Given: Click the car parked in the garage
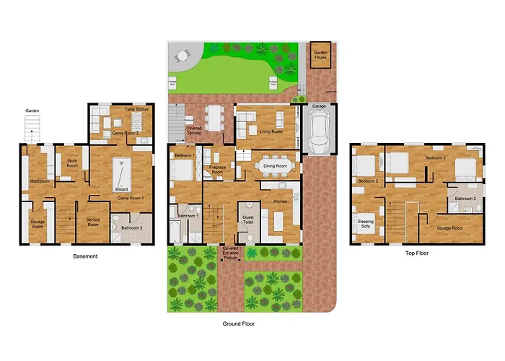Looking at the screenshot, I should point(319,134).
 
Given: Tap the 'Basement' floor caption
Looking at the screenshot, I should point(86,256).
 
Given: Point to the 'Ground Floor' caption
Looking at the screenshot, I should point(239,324).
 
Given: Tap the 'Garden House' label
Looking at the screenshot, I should point(320,55).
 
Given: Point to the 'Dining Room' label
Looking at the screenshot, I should point(275,166).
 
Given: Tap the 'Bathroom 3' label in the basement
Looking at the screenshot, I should point(131,229).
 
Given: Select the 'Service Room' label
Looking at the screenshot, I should point(93,223).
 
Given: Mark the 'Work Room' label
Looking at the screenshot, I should point(71,163).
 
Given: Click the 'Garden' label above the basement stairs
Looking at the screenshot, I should point(32,110).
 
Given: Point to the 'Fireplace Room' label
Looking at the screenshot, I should point(217,168).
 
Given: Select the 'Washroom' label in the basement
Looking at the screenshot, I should point(39,181).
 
